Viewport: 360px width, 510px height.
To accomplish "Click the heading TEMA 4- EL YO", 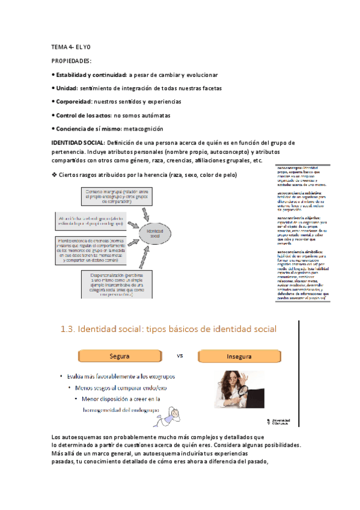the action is [x=71, y=47].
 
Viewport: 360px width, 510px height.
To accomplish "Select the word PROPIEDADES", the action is [x=72, y=61].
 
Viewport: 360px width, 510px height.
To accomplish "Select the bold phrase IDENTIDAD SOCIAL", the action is [x=78, y=143].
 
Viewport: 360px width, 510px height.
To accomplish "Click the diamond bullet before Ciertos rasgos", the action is [x=54, y=175].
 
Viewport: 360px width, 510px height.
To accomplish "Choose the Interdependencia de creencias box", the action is [x=109, y=246].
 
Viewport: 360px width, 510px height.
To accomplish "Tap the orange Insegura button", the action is [x=239, y=356].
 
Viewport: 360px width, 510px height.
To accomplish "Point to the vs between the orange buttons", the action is [x=180, y=355].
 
